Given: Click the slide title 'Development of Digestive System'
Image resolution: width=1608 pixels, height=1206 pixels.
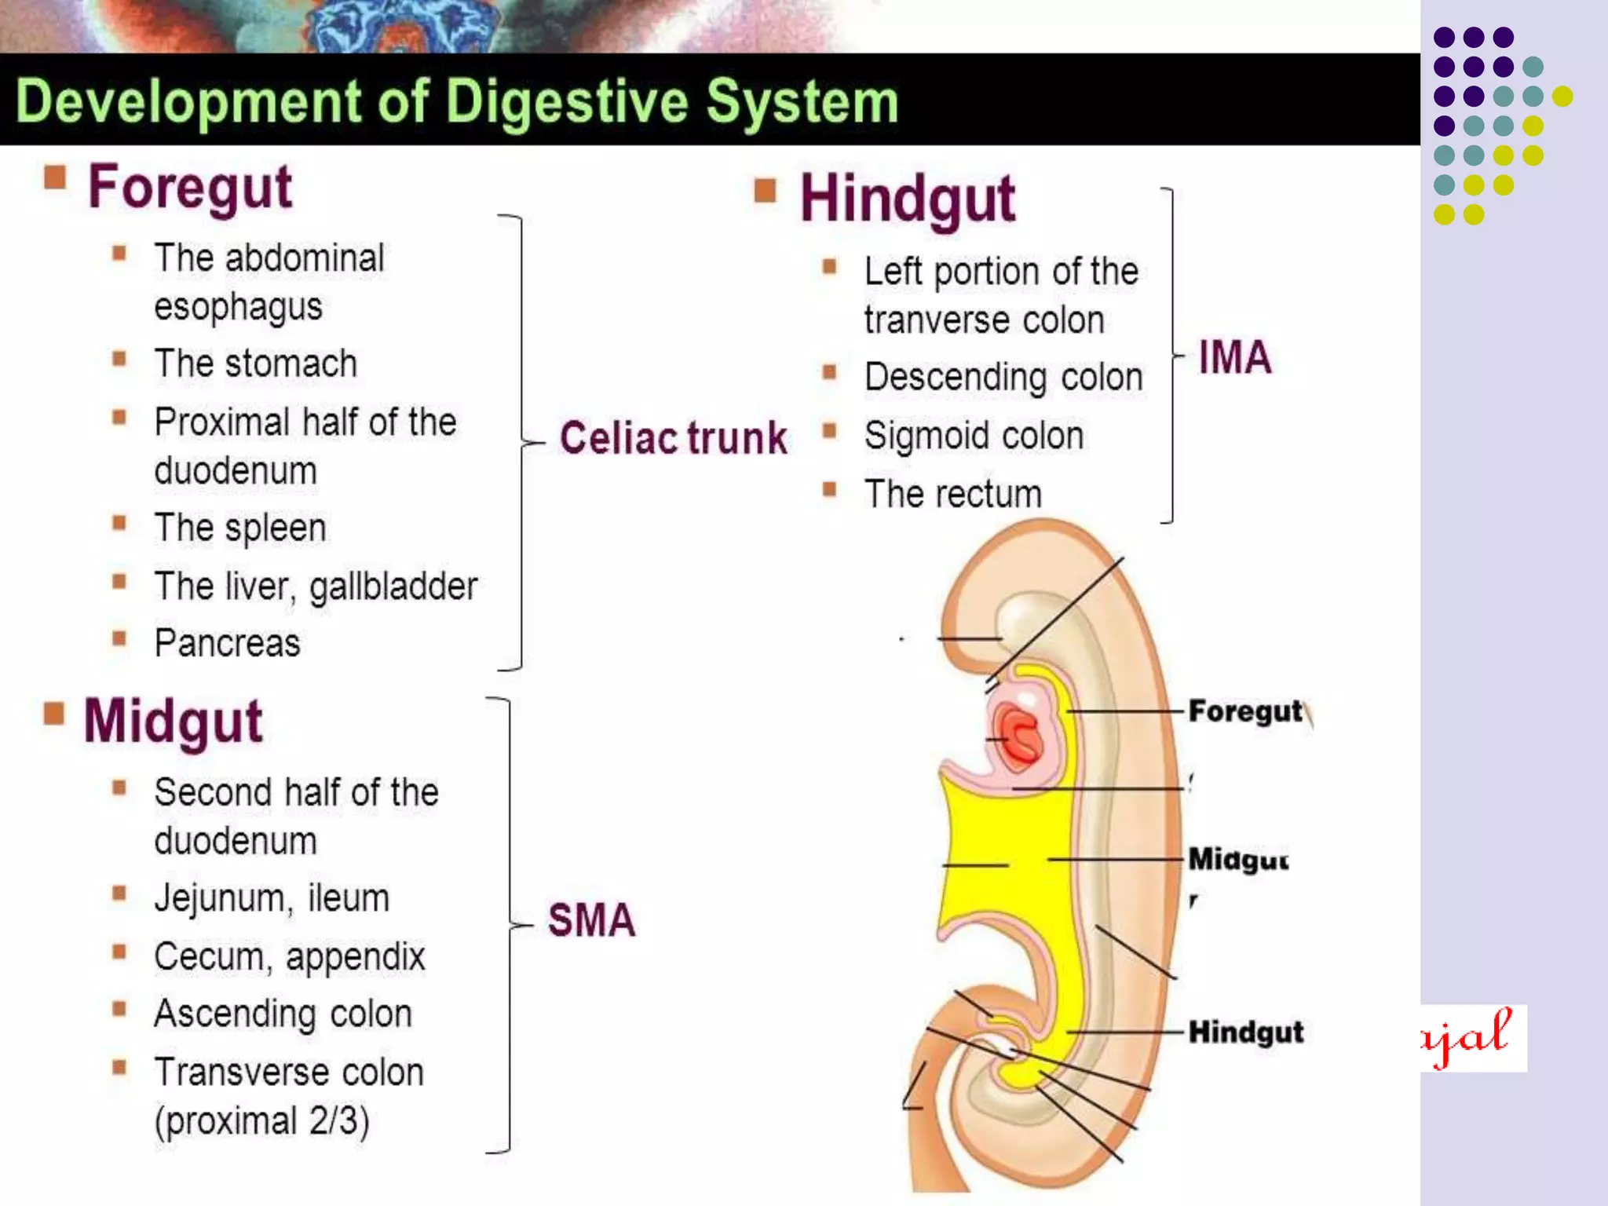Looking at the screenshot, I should coord(457,102).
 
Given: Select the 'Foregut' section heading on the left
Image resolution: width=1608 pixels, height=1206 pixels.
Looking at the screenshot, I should coord(190,187).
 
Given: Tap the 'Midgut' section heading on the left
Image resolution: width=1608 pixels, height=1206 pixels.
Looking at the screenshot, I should coord(174,721).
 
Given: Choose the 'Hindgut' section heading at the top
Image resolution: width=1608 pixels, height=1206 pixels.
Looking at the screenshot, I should coord(908,199).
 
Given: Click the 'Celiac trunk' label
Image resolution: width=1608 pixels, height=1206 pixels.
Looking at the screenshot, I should coord(673,437).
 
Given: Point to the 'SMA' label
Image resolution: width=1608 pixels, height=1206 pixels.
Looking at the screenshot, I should coord(591,919).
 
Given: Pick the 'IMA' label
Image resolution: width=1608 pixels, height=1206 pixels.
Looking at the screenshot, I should coord(1234,357).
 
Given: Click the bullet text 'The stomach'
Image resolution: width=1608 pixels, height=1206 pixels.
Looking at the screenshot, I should coord(255,364).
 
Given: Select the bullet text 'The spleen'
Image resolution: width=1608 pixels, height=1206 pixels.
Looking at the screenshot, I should coord(239,528).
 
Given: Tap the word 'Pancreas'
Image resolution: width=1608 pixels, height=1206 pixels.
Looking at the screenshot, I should coord(227,644).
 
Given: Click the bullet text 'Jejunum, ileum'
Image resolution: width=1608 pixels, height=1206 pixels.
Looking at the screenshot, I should coord(272,898).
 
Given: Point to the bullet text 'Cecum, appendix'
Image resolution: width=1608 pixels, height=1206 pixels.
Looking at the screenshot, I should coord(289,956).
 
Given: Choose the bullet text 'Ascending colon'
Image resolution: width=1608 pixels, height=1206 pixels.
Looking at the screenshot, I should coord(283,1014).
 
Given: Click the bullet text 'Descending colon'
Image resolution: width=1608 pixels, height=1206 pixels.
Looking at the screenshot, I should coord(1003,377).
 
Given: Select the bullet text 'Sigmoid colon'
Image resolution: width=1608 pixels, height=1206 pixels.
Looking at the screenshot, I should coord(974,436).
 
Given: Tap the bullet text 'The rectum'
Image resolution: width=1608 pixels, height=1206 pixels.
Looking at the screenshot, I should coord(953,494).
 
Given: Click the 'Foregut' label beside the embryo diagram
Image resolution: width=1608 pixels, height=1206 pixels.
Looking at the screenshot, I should coord(1245,711).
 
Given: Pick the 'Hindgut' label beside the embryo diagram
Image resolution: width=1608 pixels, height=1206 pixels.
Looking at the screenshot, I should coord(1245,1032).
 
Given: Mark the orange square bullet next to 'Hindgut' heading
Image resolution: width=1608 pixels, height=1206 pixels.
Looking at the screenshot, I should coord(765,191).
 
